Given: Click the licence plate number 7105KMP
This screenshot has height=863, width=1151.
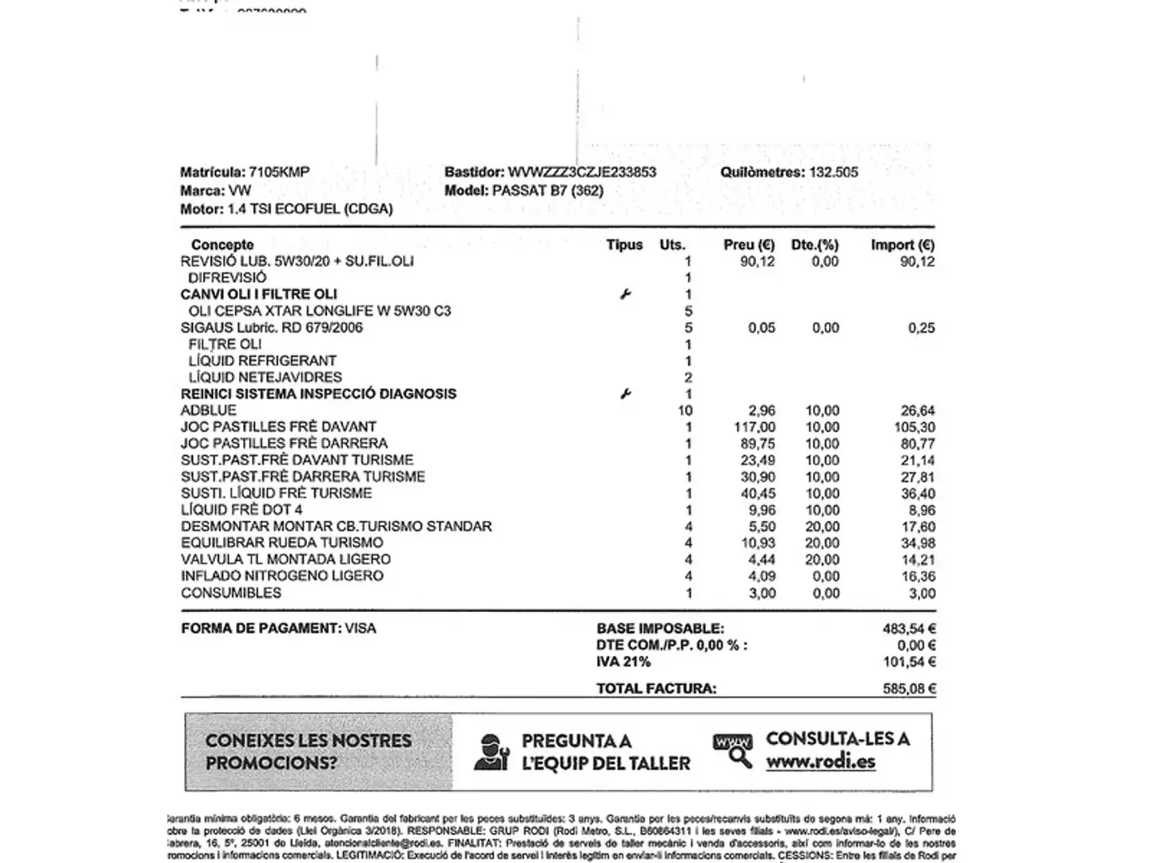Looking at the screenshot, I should pos(279,172).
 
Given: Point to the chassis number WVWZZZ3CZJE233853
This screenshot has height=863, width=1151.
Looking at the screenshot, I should pos(582,172).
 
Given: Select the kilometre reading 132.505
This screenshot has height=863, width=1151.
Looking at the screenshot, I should pos(834,172).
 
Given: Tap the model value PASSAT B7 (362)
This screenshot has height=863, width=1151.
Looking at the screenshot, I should pos(548,190).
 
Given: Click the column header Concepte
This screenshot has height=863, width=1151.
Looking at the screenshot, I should pos(222,245).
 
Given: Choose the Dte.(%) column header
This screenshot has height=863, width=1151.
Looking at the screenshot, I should pos(814,245).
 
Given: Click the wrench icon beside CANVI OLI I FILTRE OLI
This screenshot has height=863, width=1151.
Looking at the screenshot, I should pos(625,294).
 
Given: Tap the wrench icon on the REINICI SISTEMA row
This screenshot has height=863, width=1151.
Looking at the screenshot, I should pos(625,394).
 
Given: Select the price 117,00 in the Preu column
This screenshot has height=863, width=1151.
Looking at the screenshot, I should pos(755,428).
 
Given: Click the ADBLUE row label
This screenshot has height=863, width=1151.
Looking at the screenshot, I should pos(209,411).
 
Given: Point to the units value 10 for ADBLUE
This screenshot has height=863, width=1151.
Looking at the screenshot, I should pos(684,411).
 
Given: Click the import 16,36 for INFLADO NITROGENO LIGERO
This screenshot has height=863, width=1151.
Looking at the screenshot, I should pos(918,576).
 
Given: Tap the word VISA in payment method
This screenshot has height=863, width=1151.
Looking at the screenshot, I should pos(360,628).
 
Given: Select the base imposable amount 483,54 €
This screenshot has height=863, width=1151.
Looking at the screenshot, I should pos(909,629).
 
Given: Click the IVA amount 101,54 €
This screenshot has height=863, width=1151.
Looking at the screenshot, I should pos(909,662).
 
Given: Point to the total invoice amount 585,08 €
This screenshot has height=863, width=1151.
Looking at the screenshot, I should pos(909,688).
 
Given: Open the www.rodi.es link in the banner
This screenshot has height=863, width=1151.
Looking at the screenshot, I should pos(820,762).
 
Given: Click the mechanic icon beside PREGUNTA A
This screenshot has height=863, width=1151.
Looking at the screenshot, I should pos(491,752).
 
